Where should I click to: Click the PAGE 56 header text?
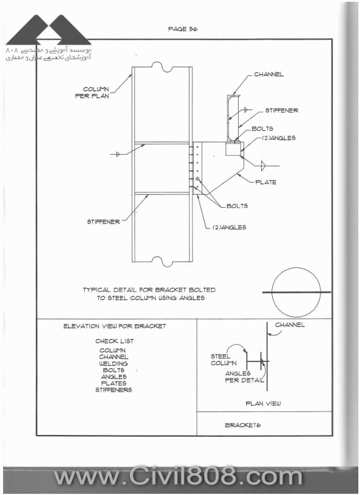coord(182,29)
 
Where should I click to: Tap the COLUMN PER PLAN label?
coord(92,92)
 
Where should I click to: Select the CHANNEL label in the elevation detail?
coord(269,74)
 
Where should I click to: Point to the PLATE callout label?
coord(265,182)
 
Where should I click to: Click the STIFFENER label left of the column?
coord(103,222)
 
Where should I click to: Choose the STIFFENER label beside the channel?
coord(281,111)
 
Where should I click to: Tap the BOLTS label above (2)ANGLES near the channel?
coord(262,129)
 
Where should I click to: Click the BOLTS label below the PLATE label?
coord(238,206)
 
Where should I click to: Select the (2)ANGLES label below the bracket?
coord(229,227)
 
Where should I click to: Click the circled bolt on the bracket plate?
coord(198,179)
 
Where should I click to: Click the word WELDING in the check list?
coord(114,364)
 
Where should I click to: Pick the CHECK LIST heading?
coord(114,342)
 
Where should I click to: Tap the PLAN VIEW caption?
coord(263,403)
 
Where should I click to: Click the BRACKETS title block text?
coord(242,425)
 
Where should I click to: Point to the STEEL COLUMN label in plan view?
coord(223,360)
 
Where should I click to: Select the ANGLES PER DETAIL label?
coord(244,377)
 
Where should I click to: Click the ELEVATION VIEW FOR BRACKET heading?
coord(114,326)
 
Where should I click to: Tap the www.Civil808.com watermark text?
coord(178,478)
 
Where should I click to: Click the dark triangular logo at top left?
coord(49,30)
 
